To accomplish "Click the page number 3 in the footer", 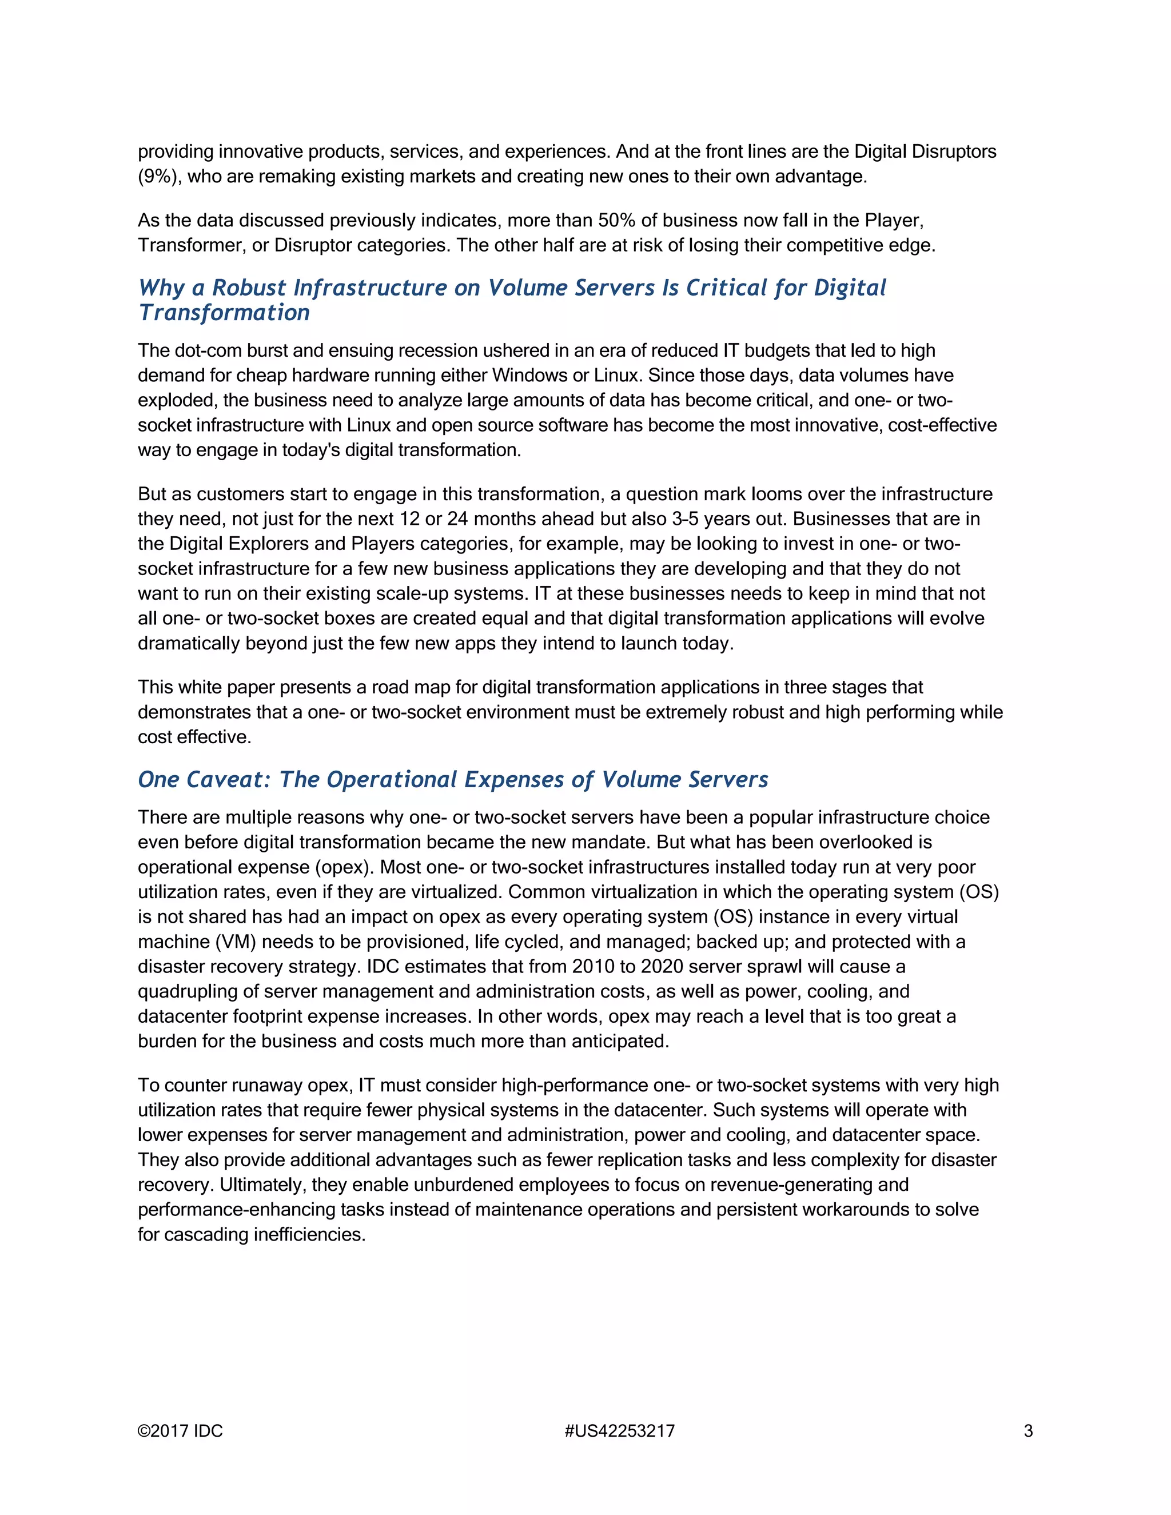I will click(1028, 1431).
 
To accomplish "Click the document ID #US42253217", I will click(619, 1431).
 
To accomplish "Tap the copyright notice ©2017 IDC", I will click(180, 1431).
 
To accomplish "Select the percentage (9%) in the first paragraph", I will click(159, 176).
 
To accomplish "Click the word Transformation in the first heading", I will click(224, 313).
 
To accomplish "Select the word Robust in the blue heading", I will click(248, 288).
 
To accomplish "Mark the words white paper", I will click(229, 687).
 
